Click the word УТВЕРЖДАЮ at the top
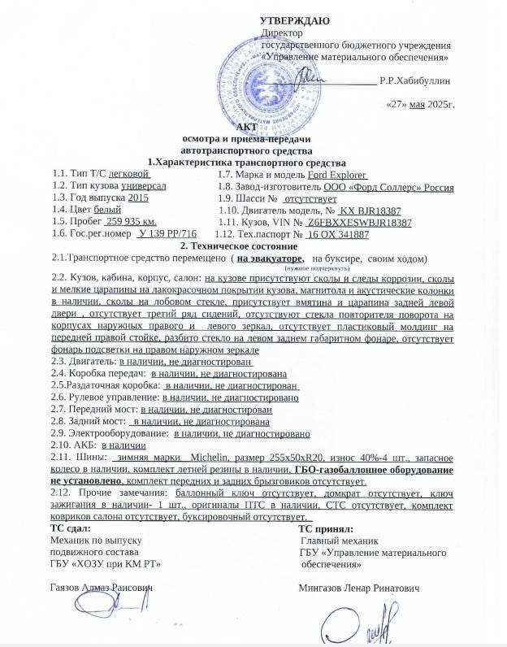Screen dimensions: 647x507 click(294, 20)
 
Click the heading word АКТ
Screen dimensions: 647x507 click(245, 128)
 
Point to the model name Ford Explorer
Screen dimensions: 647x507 click(338, 174)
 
